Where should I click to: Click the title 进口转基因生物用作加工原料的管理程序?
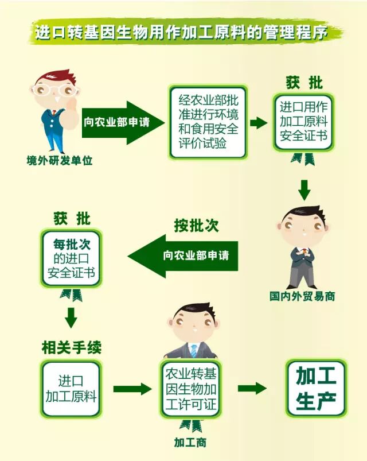pyautogui.click(x=183, y=33)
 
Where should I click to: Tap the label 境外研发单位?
pyautogui.click(x=59, y=161)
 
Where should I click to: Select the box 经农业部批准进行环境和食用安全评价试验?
pyautogui.click(x=207, y=122)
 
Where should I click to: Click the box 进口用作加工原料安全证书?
pyautogui.click(x=303, y=122)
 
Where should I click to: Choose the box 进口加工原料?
pyautogui.click(x=71, y=389)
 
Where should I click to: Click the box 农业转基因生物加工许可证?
pyautogui.click(x=191, y=389)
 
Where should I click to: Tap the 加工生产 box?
pyautogui.click(x=316, y=389)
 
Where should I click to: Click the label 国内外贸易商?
pyautogui.click(x=302, y=297)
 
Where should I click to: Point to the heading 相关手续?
pyautogui.click(x=72, y=347)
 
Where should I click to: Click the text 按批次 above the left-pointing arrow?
pyautogui.click(x=197, y=226)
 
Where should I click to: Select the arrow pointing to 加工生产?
pyautogui.click(x=252, y=388)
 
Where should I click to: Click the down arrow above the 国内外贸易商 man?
pyautogui.click(x=304, y=189)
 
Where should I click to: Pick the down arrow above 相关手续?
pyautogui.click(x=71, y=317)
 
